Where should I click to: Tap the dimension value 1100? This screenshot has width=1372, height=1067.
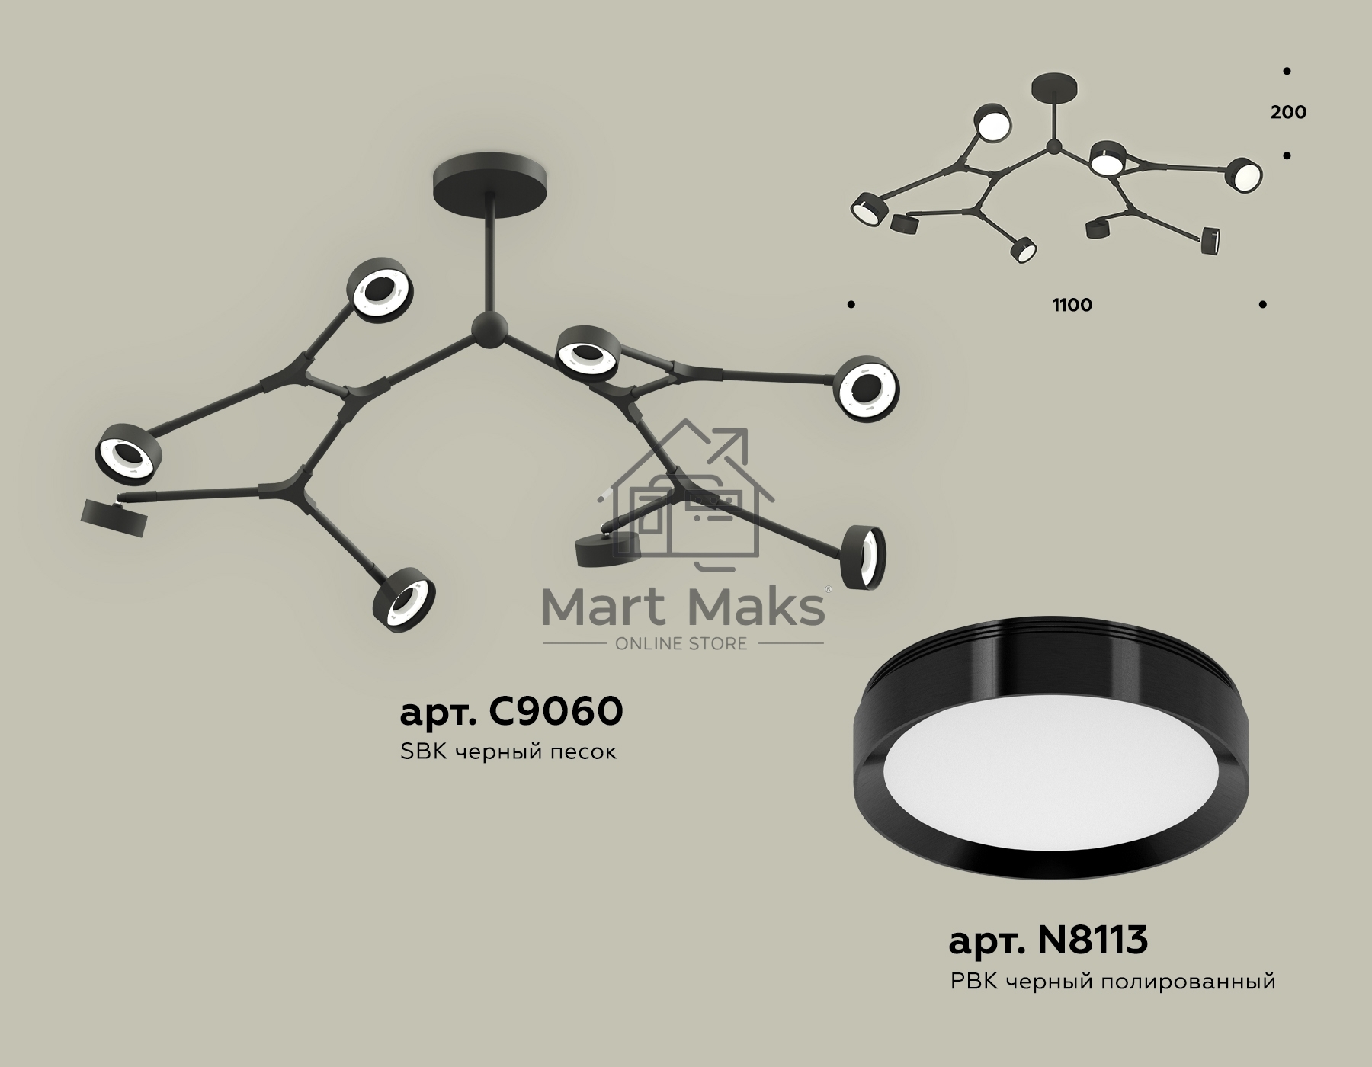(1072, 305)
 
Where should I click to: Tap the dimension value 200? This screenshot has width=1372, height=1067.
(1288, 112)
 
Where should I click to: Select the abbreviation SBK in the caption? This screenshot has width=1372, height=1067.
(422, 752)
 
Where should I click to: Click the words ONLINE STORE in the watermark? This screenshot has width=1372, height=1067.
(681, 644)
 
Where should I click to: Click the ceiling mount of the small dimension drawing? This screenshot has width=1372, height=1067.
(1054, 88)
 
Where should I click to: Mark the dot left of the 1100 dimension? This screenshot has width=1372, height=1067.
(851, 305)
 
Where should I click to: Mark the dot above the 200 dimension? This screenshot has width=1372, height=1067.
(1287, 71)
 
